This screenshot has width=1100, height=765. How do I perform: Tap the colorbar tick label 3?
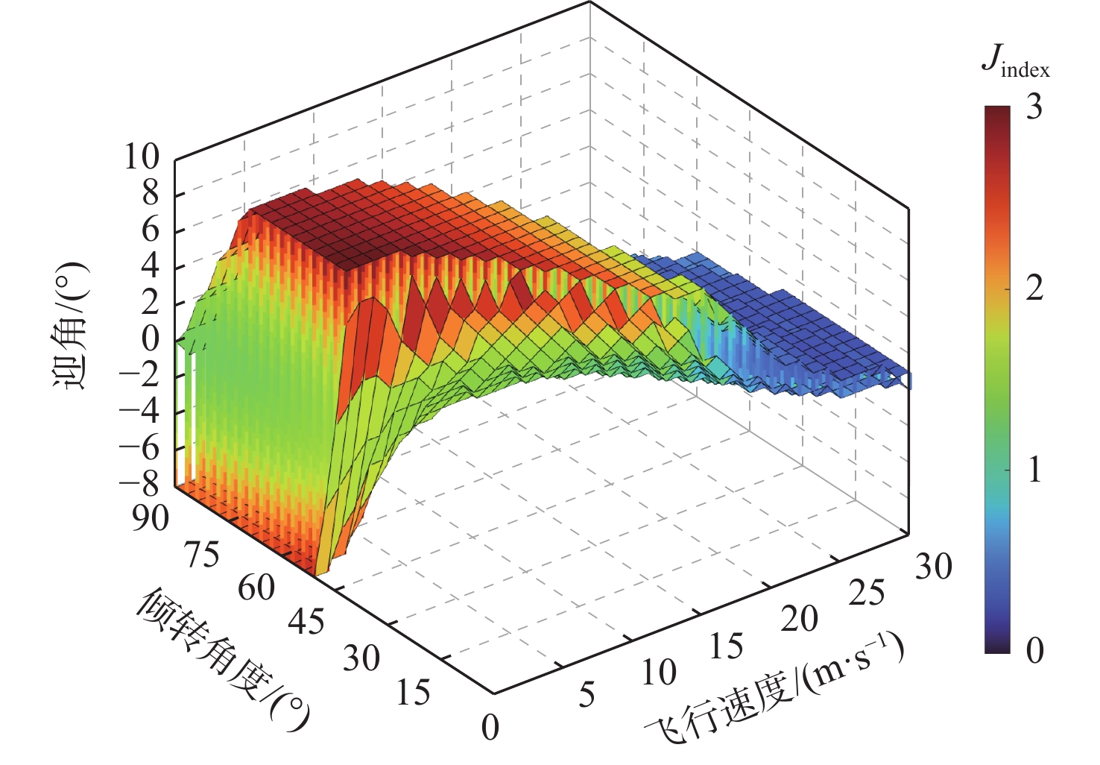(x=1034, y=108)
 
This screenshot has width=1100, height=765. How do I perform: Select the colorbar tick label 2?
(x=1034, y=289)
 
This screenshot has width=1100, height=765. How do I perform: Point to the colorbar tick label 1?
(x=1034, y=470)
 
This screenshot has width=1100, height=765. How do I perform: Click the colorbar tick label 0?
(x=1034, y=651)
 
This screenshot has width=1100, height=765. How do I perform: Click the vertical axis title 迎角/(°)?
(x=70, y=326)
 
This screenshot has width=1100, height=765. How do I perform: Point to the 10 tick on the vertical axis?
(x=142, y=157)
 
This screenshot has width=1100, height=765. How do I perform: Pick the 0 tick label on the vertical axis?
(x=151, y=339)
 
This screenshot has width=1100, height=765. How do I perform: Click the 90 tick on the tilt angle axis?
(x=151, y=517)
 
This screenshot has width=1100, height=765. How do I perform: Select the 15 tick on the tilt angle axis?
(x=413, y=693)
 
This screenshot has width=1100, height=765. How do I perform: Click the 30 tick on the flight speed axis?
(x=934, y=567)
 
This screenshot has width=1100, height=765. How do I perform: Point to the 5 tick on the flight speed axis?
(x=587, y=695)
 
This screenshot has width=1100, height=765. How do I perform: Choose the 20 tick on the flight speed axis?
(x=799, y=619)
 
